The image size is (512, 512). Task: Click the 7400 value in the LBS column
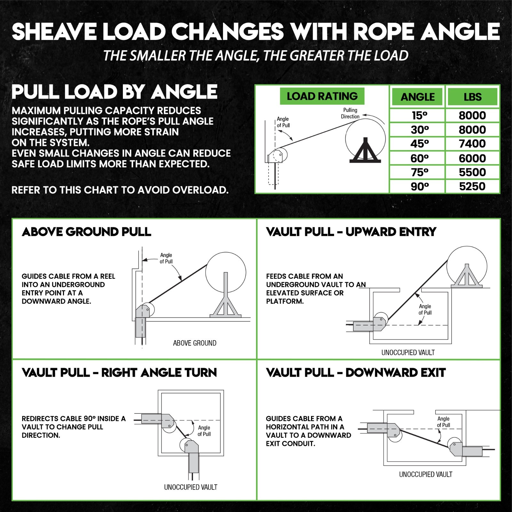(x=472, y=144)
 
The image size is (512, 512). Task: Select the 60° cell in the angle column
(x=419, y=158)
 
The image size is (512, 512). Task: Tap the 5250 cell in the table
(x=472, y=186)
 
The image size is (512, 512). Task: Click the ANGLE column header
(x=417, y=97)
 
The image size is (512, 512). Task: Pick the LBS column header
(x=472, y=97)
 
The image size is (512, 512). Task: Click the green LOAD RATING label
(x=322, y=96)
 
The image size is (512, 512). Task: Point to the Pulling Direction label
(x=350, y=113)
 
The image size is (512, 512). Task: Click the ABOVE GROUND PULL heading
(x=86, y=232)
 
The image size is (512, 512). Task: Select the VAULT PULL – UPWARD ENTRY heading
(x=351, y=232)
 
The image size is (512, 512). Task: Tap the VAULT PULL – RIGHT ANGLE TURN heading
(x=119, y=372)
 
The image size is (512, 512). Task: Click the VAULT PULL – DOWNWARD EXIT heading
(x=356, y=372)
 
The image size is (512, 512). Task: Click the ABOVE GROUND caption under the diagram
(x=195, y=343)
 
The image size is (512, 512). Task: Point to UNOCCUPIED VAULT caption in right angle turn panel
(x=191, y=487)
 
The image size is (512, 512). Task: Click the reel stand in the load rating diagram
(x=365, y=151)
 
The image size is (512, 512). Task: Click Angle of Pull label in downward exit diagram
(x=444, y=422)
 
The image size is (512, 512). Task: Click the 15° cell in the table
(x=419, y=115)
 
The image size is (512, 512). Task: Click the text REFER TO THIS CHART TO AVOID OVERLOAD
(x=120, y=190)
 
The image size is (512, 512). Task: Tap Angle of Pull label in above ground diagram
(x=166, y=258)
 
